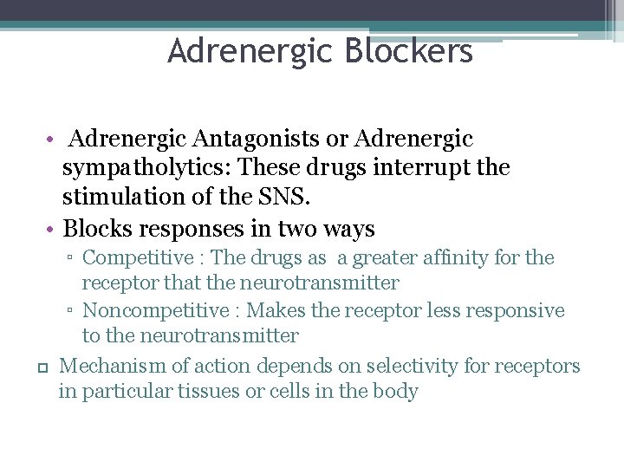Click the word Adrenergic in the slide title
pos(251,51)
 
